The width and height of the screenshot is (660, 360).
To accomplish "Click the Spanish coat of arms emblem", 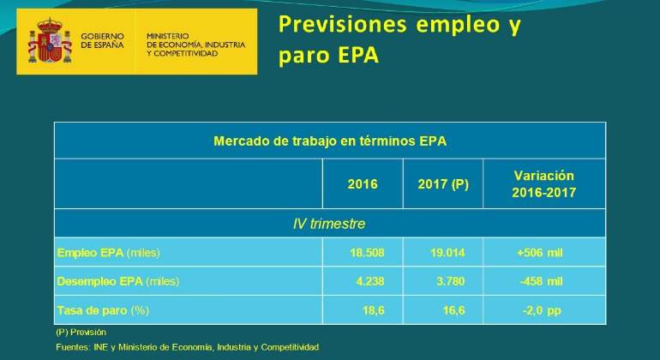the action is tap(50, 41).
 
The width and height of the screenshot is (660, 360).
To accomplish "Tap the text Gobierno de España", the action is tap(102, 41).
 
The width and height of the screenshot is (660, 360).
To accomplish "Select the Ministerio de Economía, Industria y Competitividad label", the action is tap(195, 45).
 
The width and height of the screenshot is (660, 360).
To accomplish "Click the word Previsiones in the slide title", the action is tap(343, 24).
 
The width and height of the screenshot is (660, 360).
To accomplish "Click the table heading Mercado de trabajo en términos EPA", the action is tap(330, 141).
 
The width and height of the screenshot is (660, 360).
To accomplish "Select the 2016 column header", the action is tap(363, 184).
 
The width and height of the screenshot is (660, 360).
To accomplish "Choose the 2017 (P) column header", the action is tap(443, 184).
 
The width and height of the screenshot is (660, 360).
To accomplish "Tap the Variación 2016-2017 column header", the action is tap(543, 184).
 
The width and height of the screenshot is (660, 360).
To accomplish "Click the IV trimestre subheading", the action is tap(329, 224).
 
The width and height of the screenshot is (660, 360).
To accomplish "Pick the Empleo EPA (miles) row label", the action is tap(109, 253).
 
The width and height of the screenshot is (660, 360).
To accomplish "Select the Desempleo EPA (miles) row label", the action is tap(118, 281).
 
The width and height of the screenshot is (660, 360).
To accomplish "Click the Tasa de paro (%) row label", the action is tap(103, 311).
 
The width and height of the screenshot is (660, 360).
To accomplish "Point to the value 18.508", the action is tap(367, 253).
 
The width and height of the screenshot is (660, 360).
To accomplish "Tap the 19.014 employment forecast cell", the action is tap(447, 253).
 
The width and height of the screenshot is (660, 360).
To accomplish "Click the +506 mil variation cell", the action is tap(540, 253).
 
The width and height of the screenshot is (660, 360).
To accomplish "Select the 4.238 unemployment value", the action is tap(370, 281).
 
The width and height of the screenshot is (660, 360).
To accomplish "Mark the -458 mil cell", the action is tap(542, 281).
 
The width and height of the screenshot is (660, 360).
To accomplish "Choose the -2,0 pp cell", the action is tap(542, 311).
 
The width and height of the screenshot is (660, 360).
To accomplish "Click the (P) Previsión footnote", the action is tap(81, 333).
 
